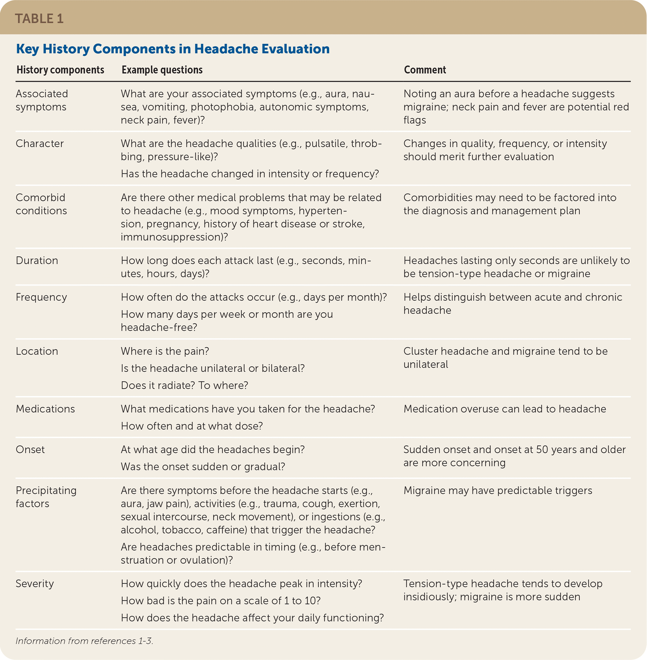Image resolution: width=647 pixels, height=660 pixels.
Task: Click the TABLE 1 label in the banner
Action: click(39, 19)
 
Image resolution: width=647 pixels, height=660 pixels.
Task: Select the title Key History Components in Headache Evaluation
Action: click(173, 49)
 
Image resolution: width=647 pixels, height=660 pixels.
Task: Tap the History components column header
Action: click(60, 70)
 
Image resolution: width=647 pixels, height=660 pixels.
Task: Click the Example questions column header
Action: click(162, 70)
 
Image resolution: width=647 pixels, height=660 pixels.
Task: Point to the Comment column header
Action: click(425, 70)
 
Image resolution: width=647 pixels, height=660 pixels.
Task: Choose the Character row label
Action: click(39, 144)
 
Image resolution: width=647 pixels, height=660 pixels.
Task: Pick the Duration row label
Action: click(37, 261)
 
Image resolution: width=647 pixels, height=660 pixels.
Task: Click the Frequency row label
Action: click(41, 297)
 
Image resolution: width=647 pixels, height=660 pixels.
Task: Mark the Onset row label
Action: click(30, 450)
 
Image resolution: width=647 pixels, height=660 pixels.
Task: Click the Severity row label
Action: click(35, 584)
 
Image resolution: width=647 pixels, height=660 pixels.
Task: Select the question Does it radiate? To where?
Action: click(185, 386)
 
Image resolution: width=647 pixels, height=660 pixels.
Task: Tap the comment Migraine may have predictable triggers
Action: click(498, 490)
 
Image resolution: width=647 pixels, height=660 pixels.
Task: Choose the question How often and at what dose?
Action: click(192, 426)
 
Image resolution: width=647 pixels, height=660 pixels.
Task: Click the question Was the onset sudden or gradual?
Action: click(203, 467)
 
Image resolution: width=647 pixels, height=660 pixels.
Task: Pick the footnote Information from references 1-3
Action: click(84, 641)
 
